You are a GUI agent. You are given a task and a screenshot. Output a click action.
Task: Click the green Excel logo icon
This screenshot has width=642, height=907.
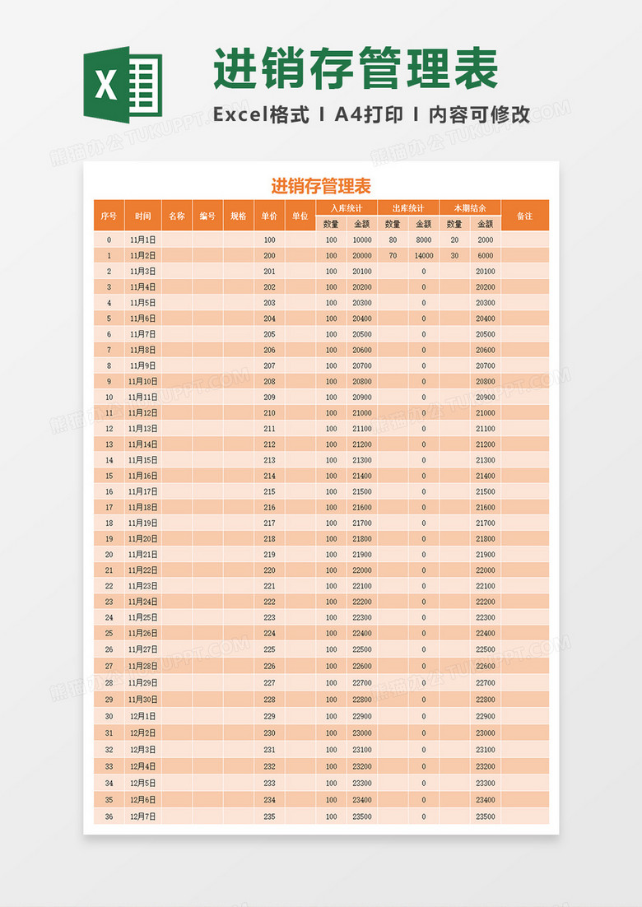tap(123, 83)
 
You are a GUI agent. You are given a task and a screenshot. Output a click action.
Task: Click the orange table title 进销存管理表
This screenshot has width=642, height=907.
tap(321, 186)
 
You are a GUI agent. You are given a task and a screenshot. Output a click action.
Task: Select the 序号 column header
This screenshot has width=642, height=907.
tap(109, 216)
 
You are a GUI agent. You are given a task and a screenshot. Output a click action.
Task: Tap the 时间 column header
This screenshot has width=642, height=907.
tap(143, 216)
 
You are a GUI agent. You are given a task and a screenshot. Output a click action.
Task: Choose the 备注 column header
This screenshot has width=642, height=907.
tap(524, 216)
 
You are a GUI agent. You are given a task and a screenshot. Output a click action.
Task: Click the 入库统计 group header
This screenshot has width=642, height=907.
tap(347, 208)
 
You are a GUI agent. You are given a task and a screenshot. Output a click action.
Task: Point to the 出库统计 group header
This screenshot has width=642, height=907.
tap(408, 208)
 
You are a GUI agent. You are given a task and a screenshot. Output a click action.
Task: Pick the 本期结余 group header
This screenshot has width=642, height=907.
tap(470, 208)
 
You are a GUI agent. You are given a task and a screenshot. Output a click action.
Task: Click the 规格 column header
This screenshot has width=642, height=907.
tap(238, 216)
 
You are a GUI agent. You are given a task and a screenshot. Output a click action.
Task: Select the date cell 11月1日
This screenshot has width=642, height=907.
tap(143, 240)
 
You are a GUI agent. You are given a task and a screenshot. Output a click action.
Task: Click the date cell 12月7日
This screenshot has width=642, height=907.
tap(143, 816)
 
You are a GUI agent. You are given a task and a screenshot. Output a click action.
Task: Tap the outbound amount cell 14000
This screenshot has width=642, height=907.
tap(424, 255)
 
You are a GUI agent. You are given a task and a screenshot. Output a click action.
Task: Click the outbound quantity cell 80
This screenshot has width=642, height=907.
tap(393, 240)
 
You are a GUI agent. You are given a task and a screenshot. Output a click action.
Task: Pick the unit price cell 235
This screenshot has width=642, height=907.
tap(269, 816)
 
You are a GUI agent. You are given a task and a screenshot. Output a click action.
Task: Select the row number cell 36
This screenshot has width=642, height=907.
tap(109, 816)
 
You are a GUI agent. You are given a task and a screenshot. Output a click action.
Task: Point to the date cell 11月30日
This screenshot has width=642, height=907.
tap(143, 699)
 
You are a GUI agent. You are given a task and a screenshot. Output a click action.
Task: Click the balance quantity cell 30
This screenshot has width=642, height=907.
tap(454, 255)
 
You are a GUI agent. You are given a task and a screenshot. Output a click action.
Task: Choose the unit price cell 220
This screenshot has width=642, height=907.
tap(269, 570)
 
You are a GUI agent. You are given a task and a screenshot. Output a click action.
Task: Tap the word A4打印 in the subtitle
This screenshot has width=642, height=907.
tap(369, 115)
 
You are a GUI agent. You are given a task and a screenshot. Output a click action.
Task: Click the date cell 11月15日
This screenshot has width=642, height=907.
tap(143, 460)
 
